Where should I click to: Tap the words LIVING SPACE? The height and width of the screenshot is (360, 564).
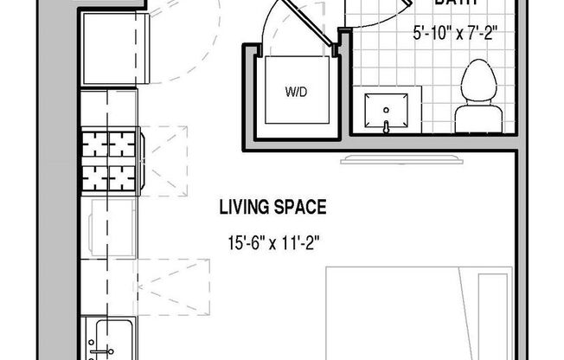point(272,207)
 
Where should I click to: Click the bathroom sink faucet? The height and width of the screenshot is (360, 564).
point(386,126)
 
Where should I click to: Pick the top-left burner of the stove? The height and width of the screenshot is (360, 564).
point(93,143)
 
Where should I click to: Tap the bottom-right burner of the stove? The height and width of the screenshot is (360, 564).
point(121,177)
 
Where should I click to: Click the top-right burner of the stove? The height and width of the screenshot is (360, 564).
point(121,143)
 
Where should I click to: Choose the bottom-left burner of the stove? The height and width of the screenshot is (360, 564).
point(93,177)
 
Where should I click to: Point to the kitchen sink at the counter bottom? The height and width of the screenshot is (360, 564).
point(111,339)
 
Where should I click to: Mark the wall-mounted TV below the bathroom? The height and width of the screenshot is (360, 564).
point(404,159)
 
